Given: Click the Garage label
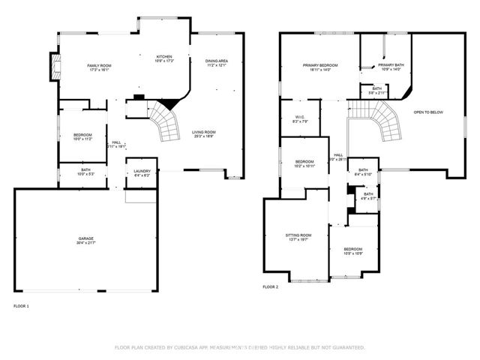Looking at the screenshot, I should point(85,240).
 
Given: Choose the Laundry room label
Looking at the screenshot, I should point(141,174).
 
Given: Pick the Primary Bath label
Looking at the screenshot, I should point(389,65).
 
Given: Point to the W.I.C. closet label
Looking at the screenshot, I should point(298,118).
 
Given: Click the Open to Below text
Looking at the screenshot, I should point(428,112).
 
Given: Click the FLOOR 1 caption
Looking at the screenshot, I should point(21,305).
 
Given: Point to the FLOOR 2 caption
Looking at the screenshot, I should point(270,287).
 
